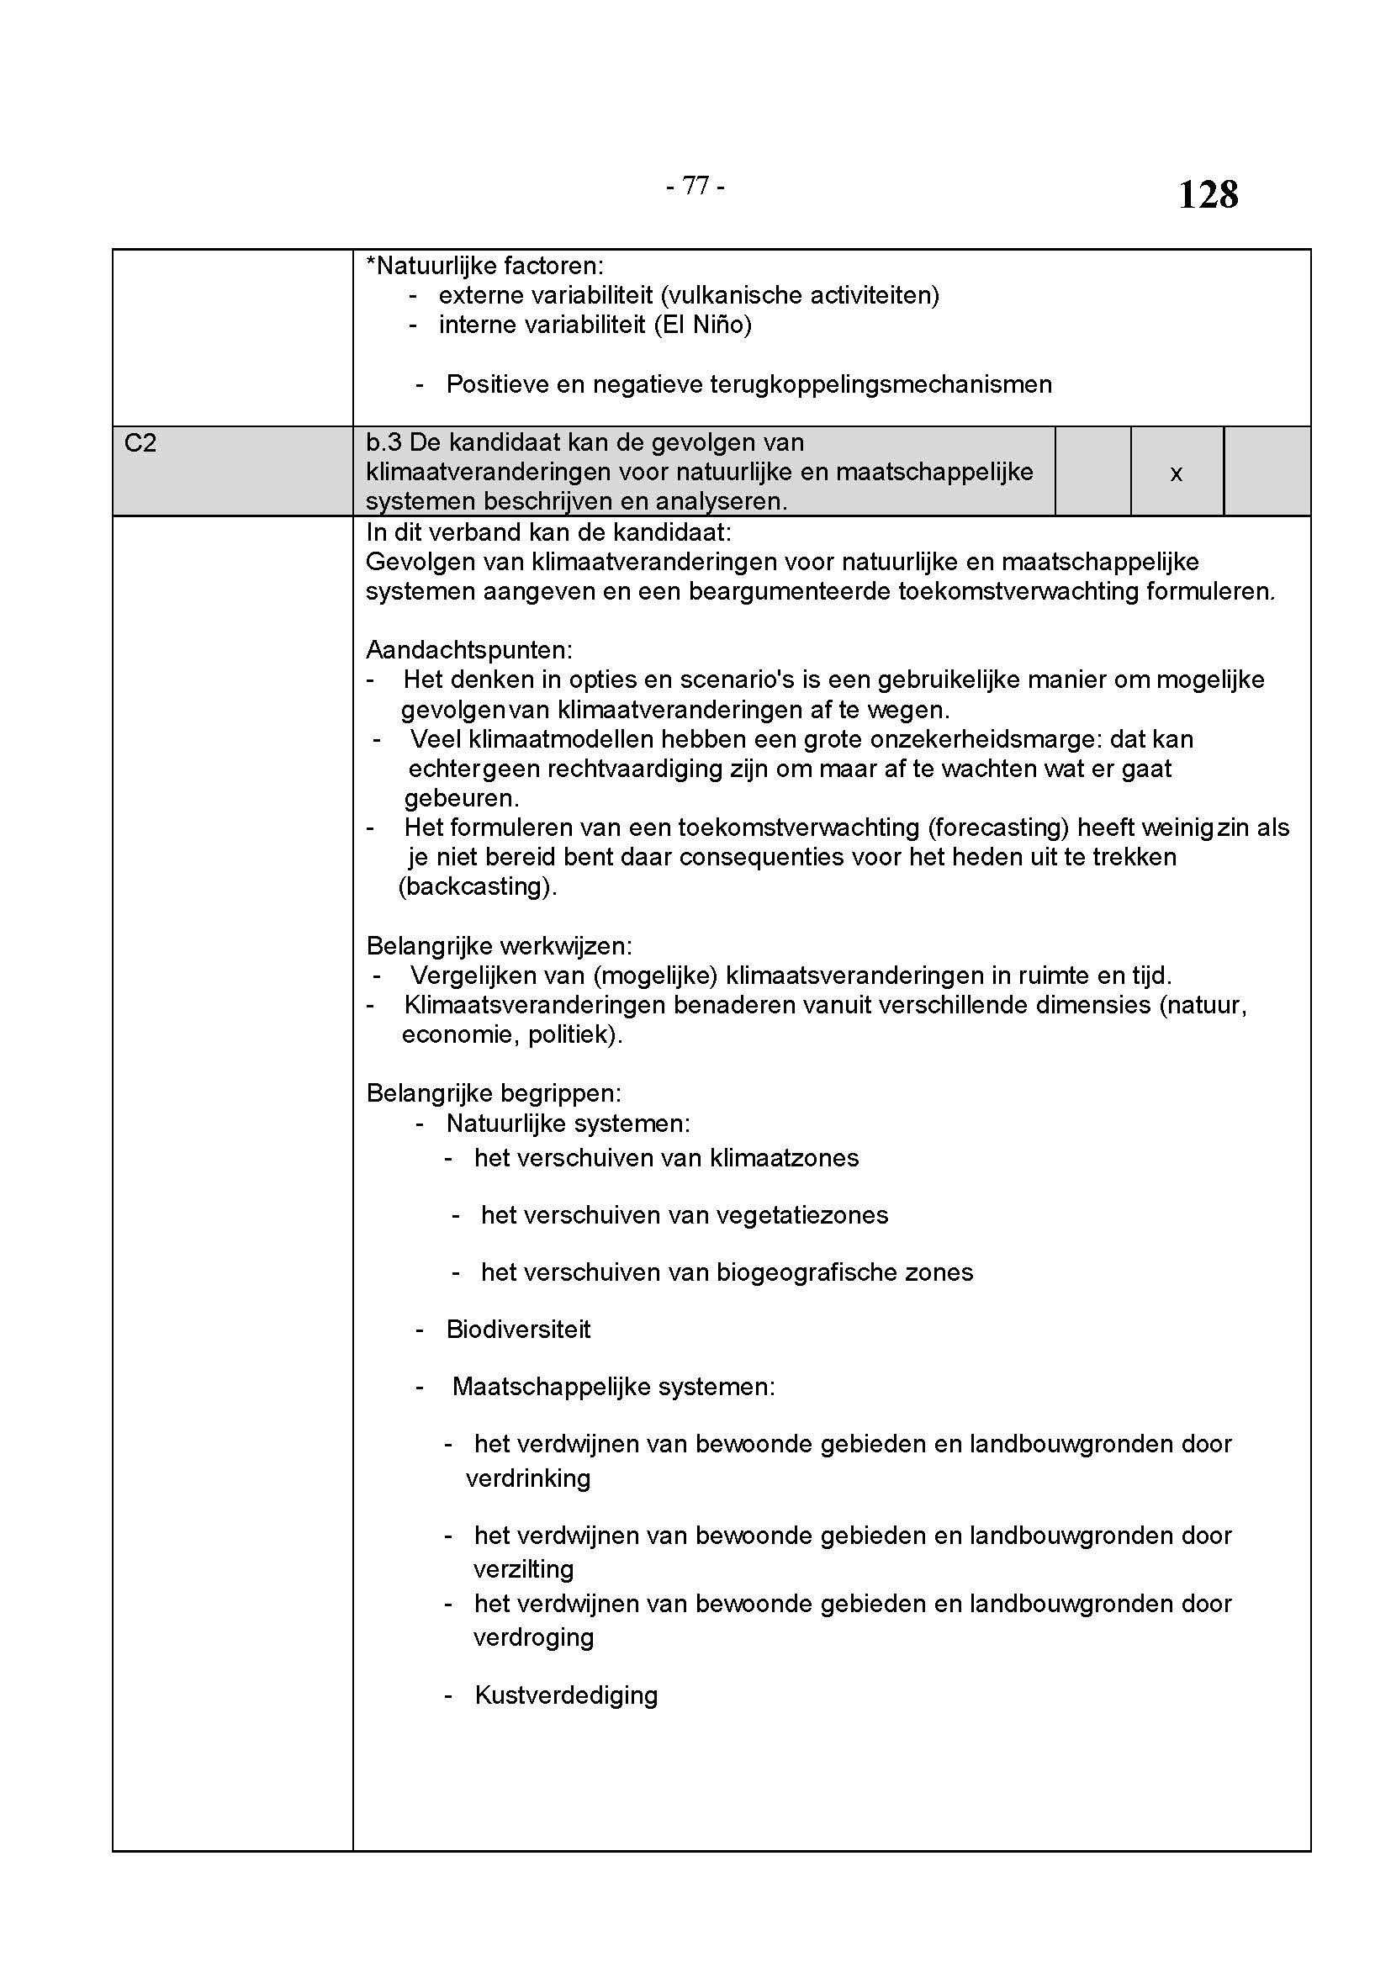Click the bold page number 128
point(1208,194)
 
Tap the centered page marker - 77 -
point(695,185)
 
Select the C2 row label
point(140,443)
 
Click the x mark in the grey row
point(1176,473)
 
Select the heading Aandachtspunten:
point(469,649)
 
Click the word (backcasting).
point(478,886)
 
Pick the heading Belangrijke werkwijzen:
point(500,946)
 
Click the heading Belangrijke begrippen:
point(495,1093)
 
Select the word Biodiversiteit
point(518,1329)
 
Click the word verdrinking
point(528,1478)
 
